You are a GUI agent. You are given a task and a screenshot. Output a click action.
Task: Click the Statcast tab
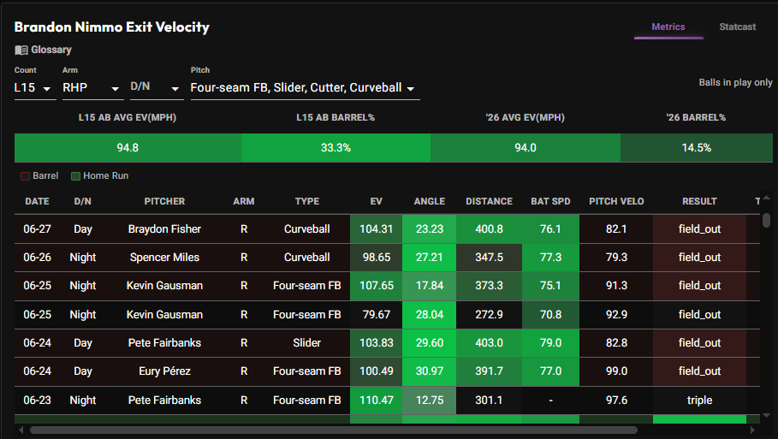(x=737, y=27)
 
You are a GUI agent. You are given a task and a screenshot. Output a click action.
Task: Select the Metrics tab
(x=668, y=27)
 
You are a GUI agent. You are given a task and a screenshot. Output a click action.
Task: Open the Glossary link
(x=43, y=50)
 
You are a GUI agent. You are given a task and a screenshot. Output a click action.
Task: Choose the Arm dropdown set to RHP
(x=92, y=88)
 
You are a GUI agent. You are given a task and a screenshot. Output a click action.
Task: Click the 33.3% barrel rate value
(x=336, y=148)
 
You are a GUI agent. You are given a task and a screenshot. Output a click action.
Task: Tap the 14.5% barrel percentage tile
(x=696, y=148)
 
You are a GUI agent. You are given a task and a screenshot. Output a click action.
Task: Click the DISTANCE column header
(x=489, y=201)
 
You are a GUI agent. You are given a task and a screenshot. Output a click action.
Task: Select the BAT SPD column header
(x=550, y=201)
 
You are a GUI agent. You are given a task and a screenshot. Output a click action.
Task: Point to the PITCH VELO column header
(x=616, y=201)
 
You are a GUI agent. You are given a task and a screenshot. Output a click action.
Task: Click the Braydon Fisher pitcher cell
(x=164, y=229)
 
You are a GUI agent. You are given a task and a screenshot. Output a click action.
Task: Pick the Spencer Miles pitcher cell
(x=164, y=258)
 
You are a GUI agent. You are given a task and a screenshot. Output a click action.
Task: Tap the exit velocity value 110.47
(x=376, y=400)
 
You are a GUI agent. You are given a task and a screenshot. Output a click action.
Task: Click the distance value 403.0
(x=489, y=343)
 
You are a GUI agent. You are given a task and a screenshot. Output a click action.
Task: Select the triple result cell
(x=699, y=400)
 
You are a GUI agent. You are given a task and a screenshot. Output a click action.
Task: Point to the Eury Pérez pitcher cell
(x=164, y=371)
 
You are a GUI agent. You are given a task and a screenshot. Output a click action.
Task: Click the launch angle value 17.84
(x=429, y=286)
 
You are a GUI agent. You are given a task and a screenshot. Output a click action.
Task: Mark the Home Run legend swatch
(x=75, y=176)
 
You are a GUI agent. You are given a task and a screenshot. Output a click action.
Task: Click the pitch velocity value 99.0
(x=616, y=371)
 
